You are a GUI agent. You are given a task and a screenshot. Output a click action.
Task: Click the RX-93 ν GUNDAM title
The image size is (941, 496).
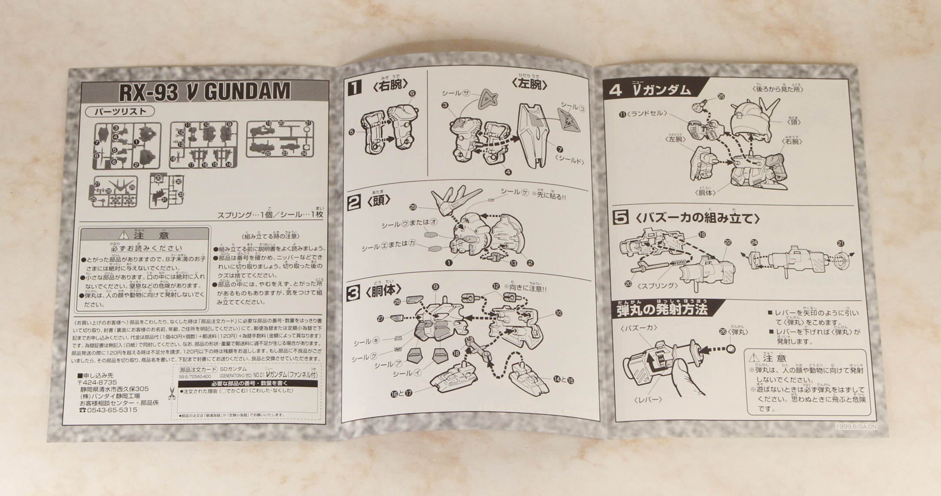[x=204, y=92]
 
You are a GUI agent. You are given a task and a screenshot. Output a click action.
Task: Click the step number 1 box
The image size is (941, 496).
[x=355, y=87]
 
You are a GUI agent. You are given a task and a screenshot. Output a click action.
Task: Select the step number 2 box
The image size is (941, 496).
[x=354, y=202]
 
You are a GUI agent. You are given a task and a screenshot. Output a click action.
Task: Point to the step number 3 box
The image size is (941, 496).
[x=352, y=293]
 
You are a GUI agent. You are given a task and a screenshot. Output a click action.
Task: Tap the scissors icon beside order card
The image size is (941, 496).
[x=172, y=393]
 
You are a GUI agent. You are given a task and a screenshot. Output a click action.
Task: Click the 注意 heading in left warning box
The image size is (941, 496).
[x=145, y=235]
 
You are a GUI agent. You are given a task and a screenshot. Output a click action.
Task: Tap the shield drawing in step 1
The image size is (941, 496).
[x=534, y=135]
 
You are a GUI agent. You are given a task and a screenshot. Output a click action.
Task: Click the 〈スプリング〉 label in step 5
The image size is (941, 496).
[x=657, y=286]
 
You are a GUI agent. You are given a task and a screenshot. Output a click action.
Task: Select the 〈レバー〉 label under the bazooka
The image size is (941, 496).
[x=647, y=400]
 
